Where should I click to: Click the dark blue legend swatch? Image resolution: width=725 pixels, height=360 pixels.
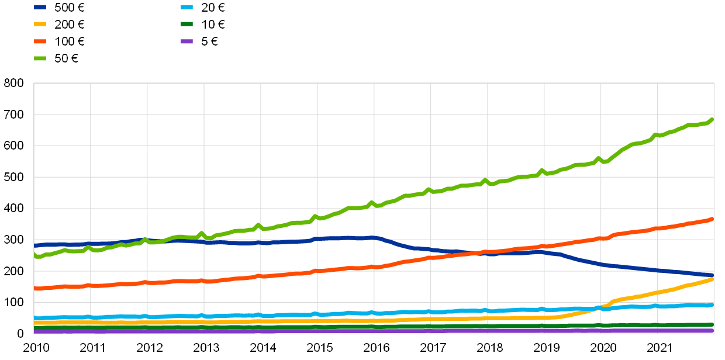point(40,7)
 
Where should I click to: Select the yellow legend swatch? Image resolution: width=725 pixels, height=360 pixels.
point(40,24)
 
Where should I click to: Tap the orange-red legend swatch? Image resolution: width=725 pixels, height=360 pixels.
point(40,41)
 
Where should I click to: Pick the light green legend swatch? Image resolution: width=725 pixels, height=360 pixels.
point(40,58)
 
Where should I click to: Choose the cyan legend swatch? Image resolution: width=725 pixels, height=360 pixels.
point(187,7)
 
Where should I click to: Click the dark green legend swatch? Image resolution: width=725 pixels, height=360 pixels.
point(187,24)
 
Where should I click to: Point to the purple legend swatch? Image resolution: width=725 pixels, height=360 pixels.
point(187,41)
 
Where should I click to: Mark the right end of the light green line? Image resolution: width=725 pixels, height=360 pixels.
point(712,119)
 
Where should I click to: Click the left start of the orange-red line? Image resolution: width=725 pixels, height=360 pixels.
point(35,288)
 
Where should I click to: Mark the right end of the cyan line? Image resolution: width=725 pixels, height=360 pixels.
point(712,304)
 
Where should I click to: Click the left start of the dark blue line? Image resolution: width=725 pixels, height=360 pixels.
point(35,245)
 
